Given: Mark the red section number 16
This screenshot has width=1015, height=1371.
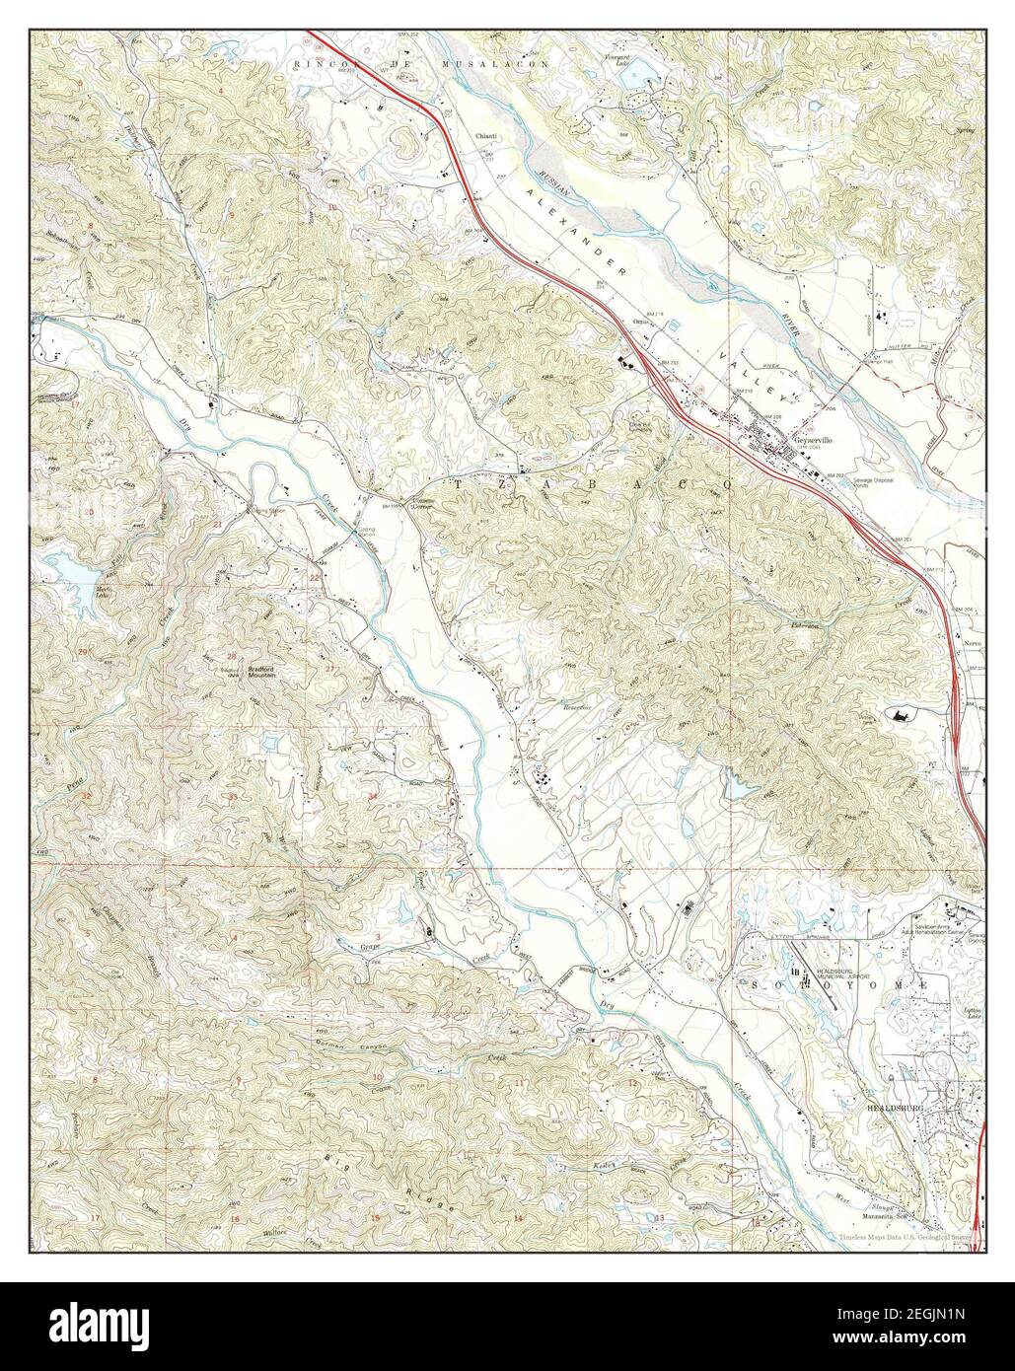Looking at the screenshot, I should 234,1219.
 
